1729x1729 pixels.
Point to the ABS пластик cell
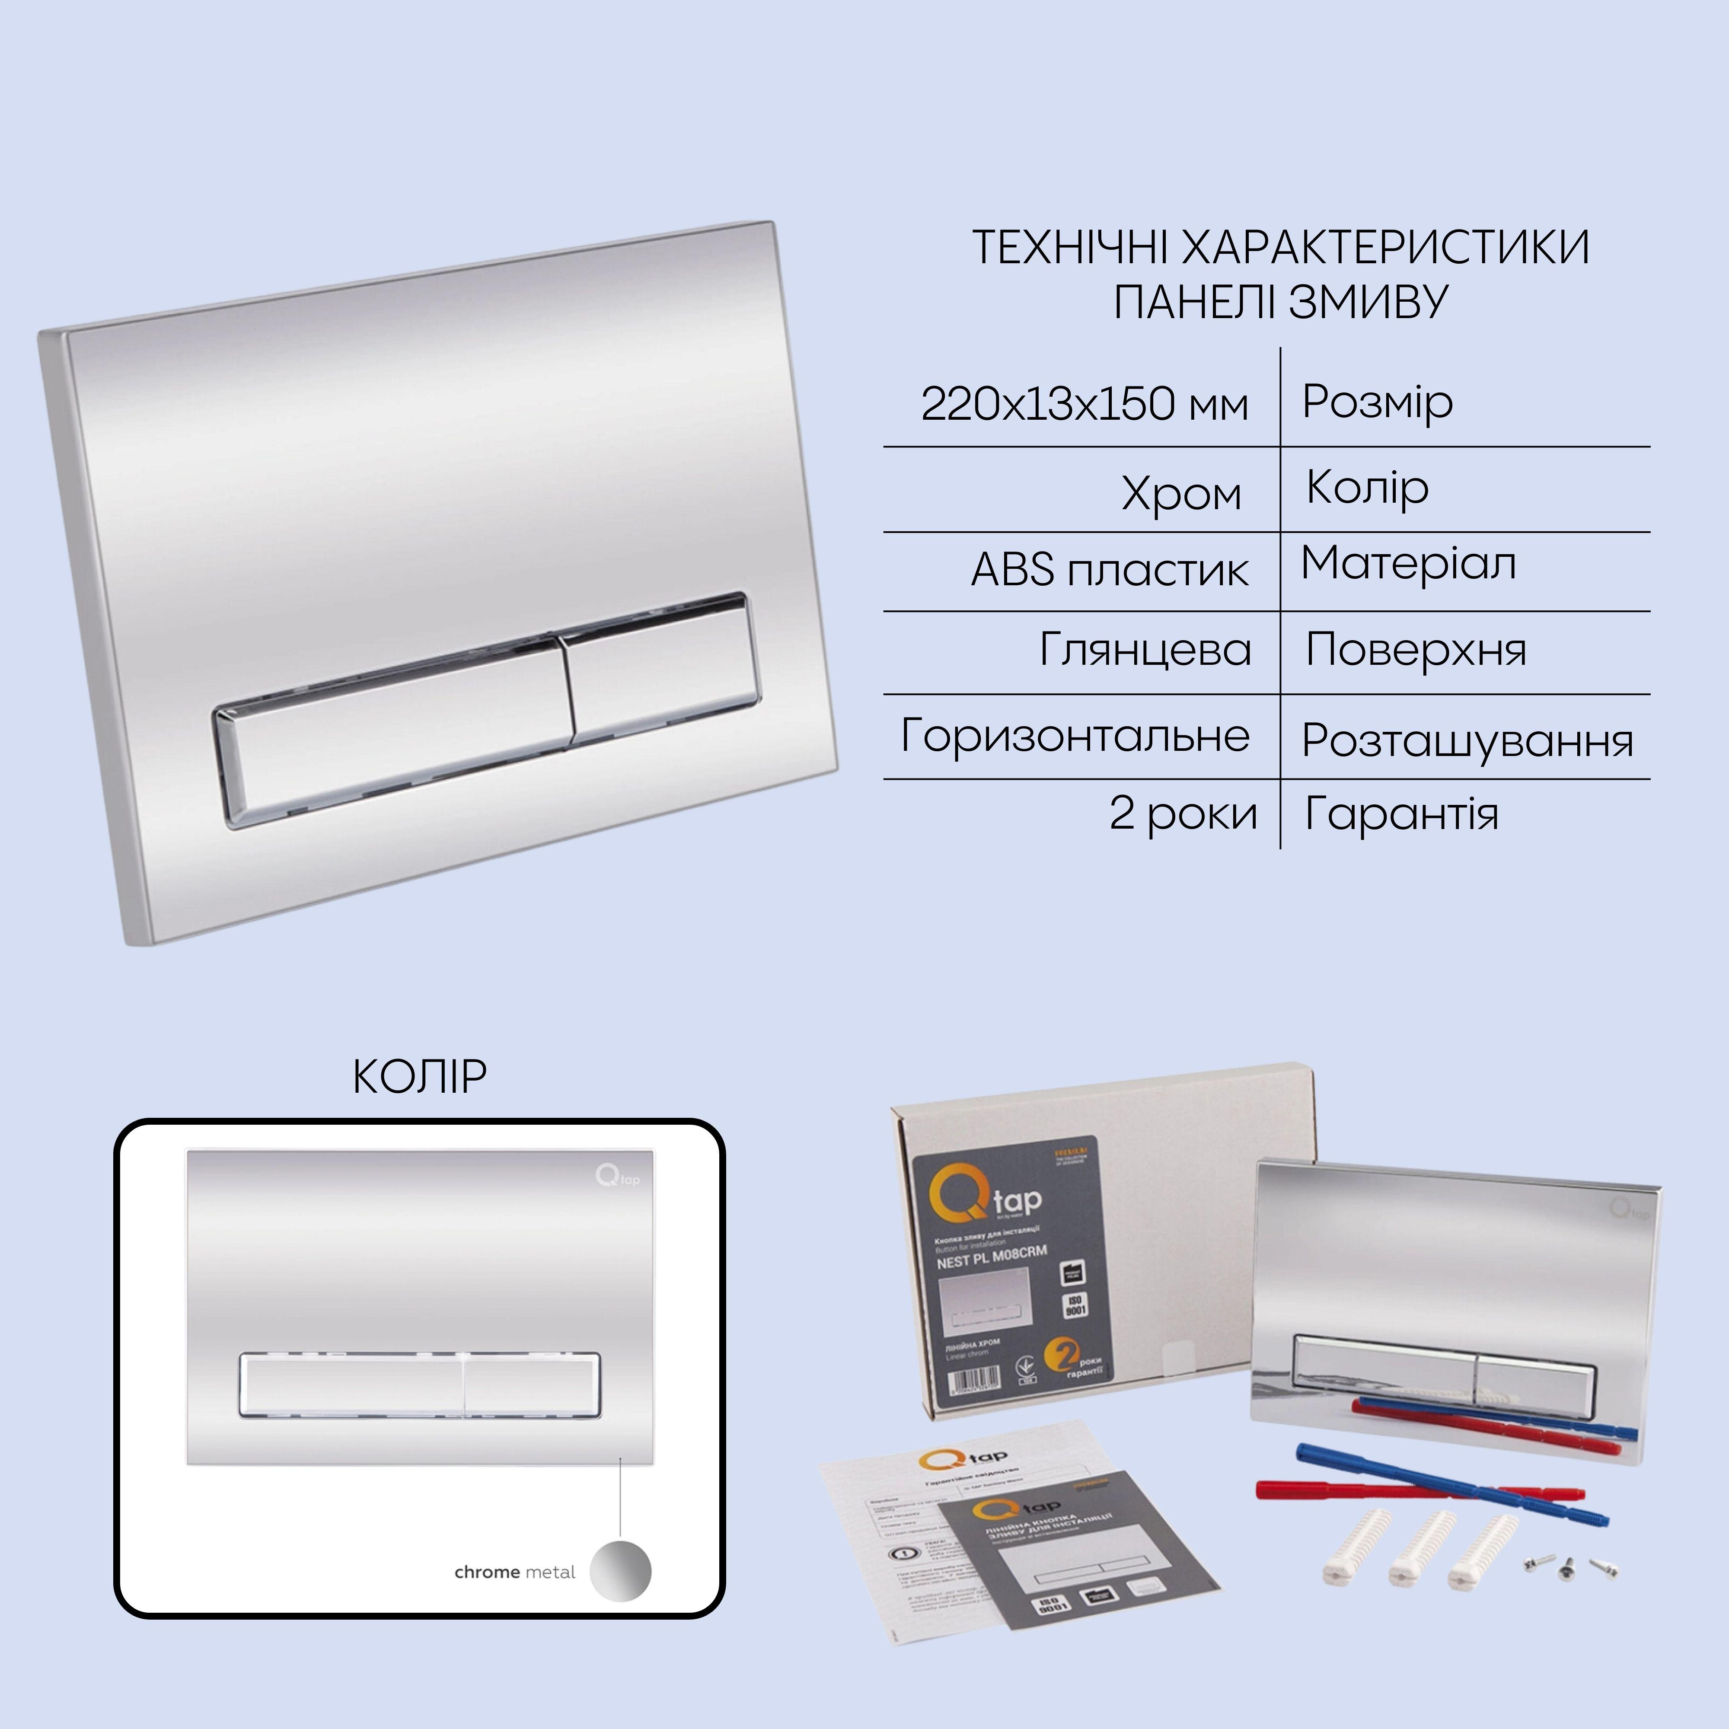click(1110, 570)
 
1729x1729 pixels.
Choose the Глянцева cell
click(1145, 650)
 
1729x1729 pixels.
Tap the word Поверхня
click(1416, 650)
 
